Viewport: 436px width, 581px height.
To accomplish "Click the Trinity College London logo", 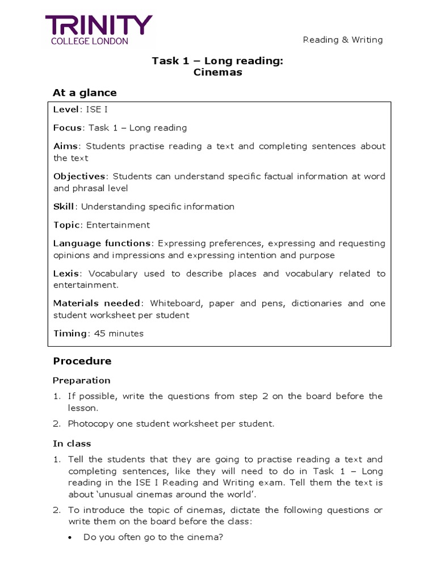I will pos(99,30).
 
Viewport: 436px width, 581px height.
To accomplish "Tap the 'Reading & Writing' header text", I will pos(343,40).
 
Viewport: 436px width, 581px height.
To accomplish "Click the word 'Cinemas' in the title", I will pos(217,72).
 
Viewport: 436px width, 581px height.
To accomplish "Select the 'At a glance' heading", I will pos(85,92).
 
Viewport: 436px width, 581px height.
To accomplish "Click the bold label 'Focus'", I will pos(68,128).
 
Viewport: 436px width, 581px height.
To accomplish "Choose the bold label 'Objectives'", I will pos(79,176).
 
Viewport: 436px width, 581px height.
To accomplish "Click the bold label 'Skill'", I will pos(64,207).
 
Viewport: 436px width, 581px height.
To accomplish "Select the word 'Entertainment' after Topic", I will pos(118,225).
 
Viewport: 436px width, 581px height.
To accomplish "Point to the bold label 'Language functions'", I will pos(102,243).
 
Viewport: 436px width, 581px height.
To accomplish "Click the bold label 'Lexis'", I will pos(66,273).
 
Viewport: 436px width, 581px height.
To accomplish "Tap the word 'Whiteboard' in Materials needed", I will pos(176,303).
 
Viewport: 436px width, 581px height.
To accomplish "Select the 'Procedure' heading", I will pos(82,361).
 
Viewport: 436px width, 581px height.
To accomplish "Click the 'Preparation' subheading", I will pos(82,380).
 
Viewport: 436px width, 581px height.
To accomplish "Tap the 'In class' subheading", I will pos(72,444).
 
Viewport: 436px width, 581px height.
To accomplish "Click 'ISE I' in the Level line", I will pos(97,110).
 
